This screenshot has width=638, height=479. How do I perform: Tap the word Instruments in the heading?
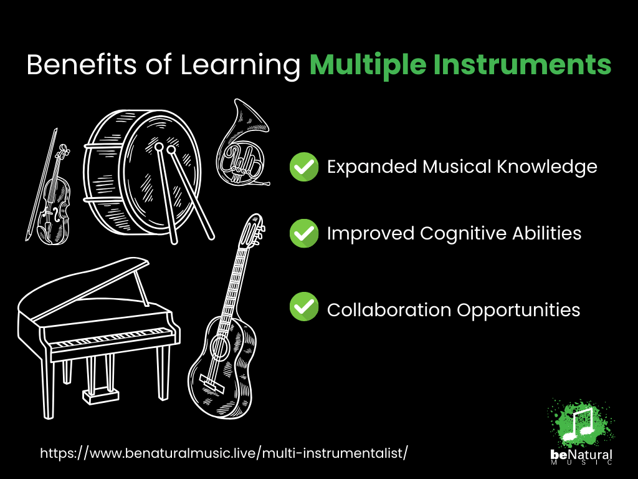(522, 64)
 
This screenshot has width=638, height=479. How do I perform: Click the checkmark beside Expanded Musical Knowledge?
(304, 167)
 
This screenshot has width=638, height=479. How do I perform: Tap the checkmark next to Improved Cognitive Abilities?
(304, 233)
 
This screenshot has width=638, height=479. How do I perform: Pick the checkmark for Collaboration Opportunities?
(304, 306)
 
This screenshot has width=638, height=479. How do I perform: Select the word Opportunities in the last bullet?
(518, 311)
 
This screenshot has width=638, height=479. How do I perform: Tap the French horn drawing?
(242, 145)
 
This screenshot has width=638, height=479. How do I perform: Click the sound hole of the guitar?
(221, 347)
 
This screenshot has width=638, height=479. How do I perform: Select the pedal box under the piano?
(100, 395)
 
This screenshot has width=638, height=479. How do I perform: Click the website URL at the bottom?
(224, 453)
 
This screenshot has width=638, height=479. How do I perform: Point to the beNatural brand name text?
(581, 455)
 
